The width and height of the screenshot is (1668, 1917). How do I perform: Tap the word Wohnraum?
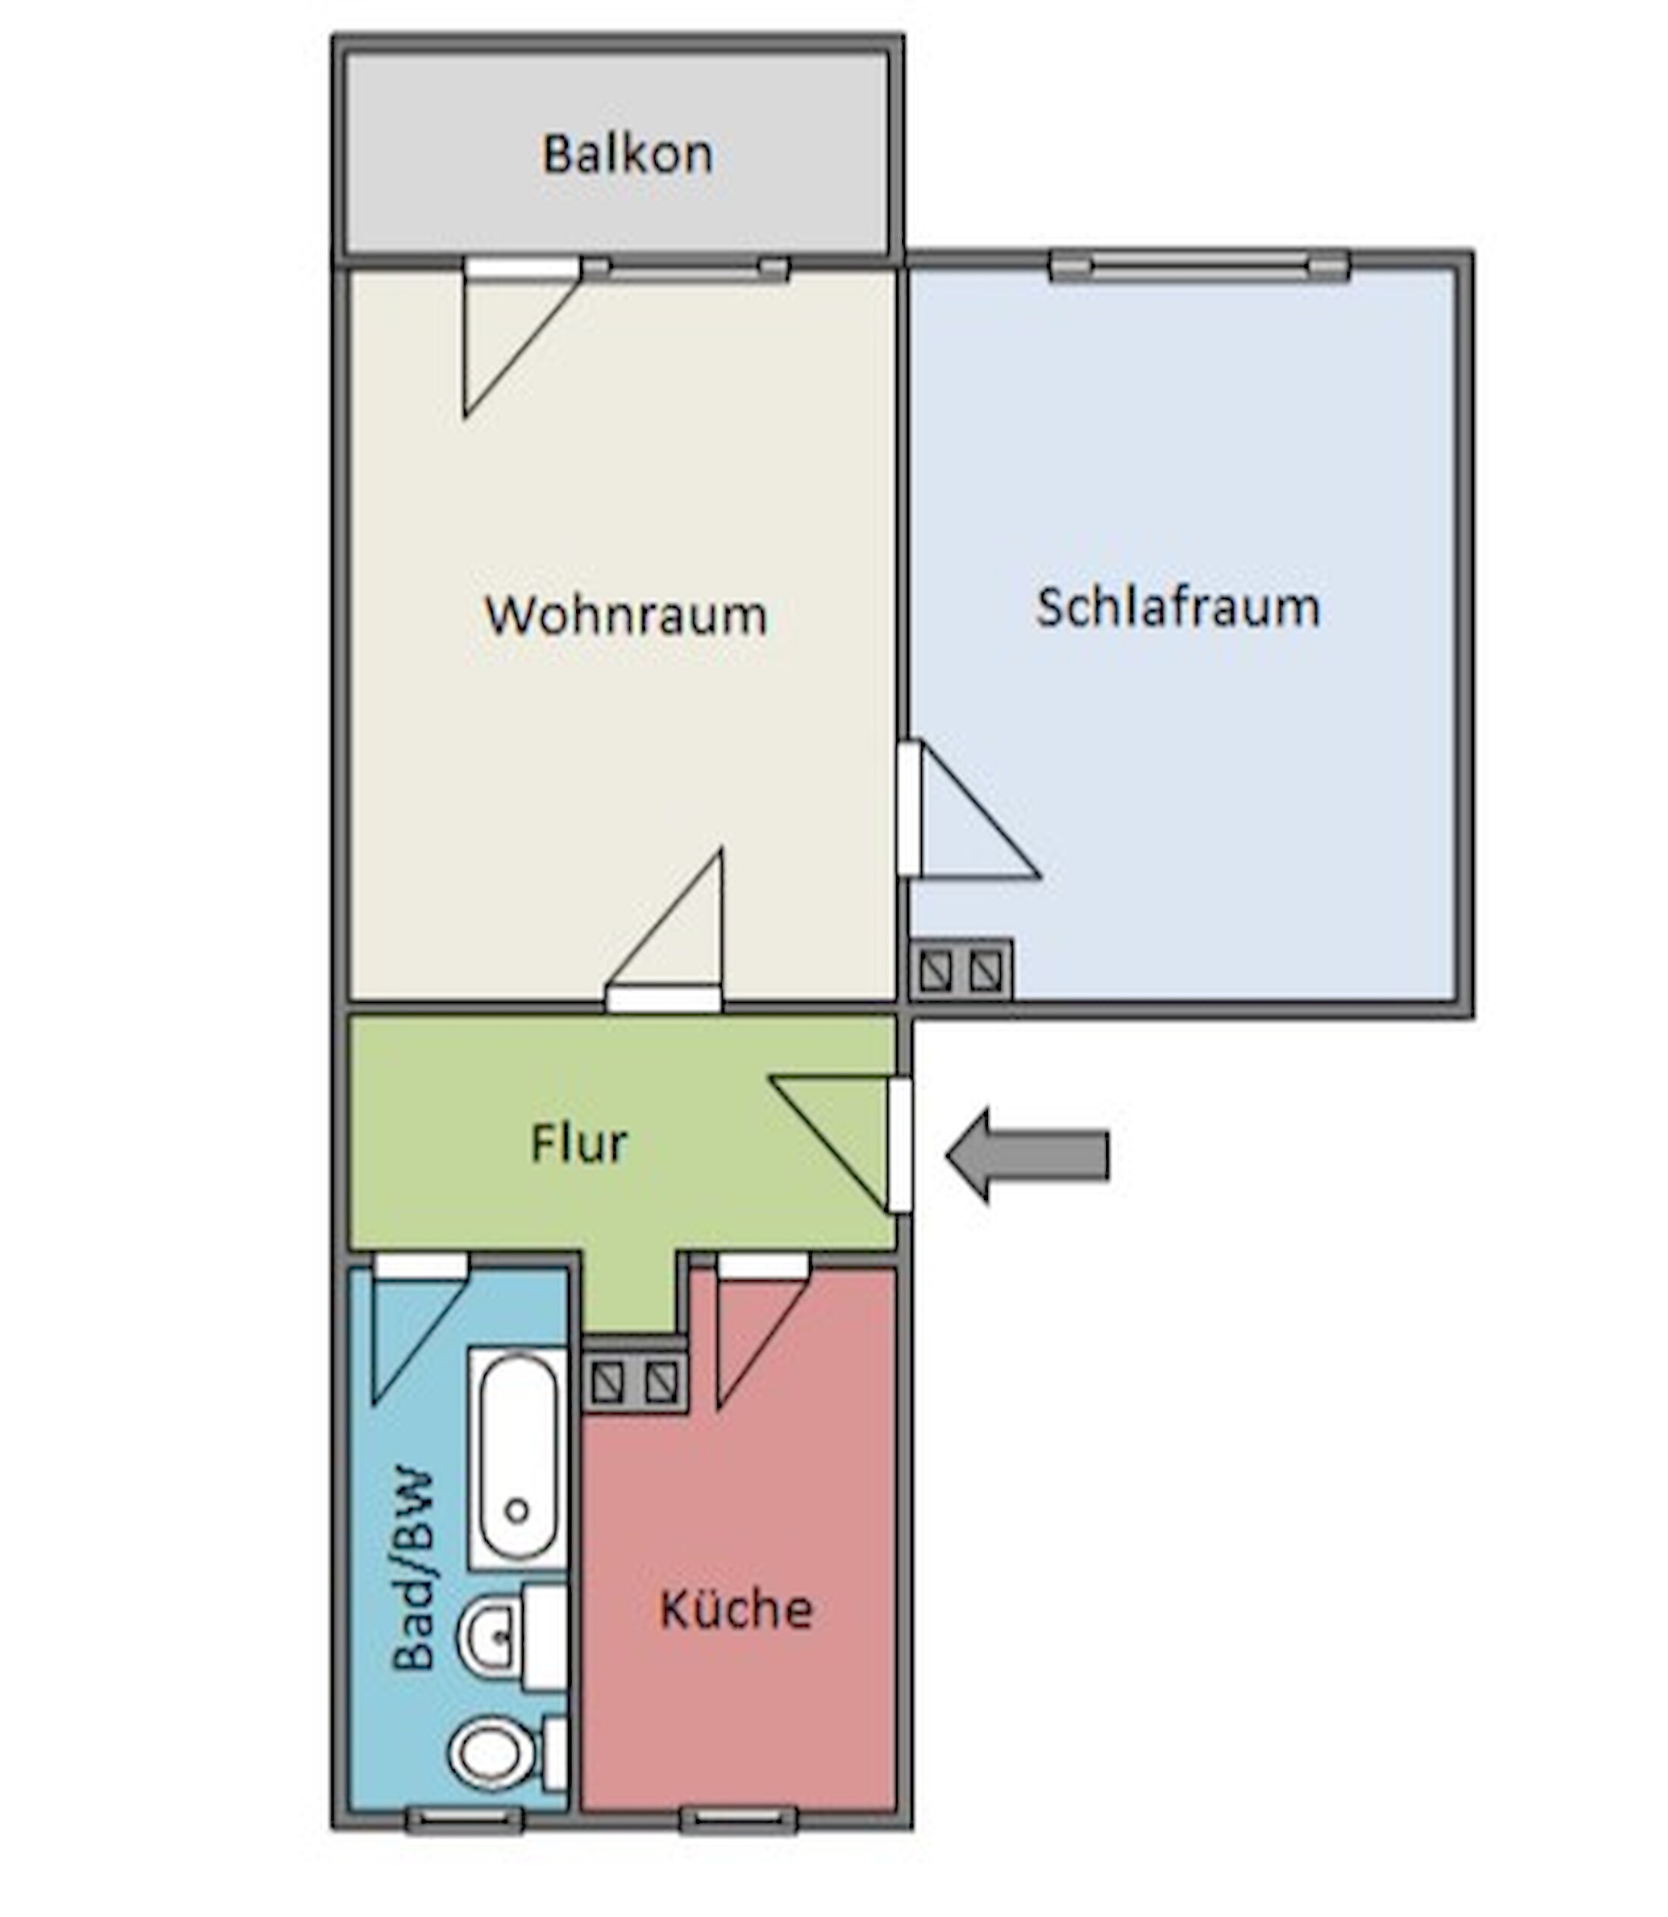point(625,615)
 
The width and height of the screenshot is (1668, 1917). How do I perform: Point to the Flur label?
point(579,1143)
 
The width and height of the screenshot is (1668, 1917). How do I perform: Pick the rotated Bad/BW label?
point(413,1570)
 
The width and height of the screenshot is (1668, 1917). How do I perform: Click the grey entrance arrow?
point(1027,1155)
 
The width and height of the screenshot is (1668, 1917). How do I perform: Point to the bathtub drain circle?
point(518,1511)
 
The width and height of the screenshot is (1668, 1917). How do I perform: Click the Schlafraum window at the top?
point(1199,266)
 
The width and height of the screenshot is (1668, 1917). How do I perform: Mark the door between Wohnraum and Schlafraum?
point(968,809)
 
